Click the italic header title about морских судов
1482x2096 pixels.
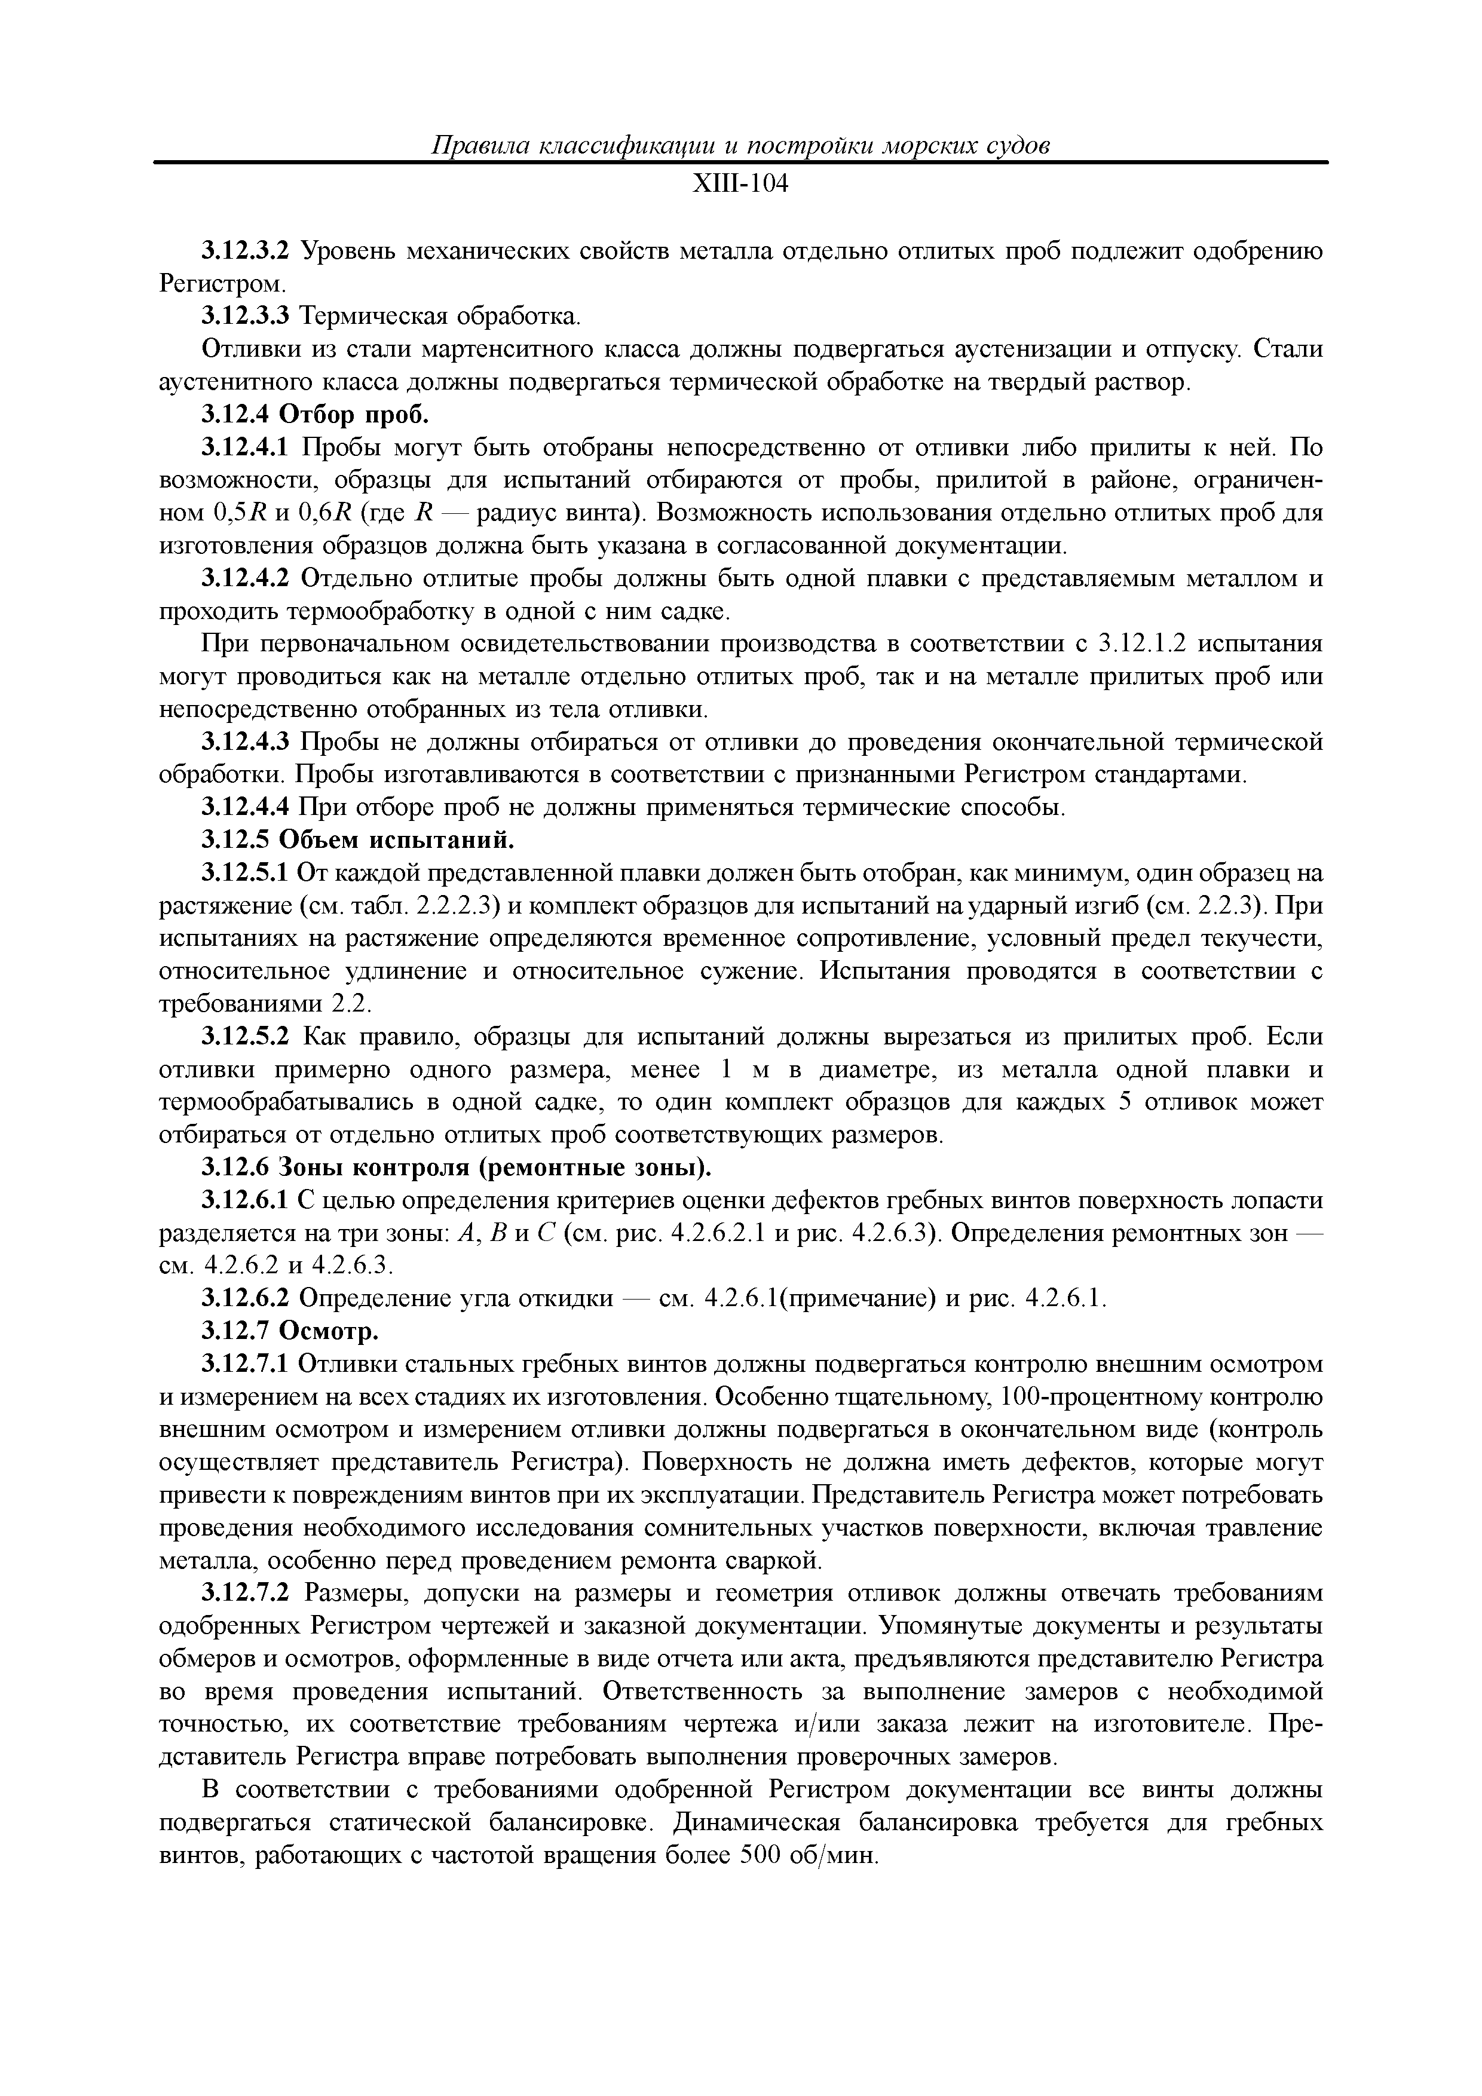(x=740, y=145)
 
